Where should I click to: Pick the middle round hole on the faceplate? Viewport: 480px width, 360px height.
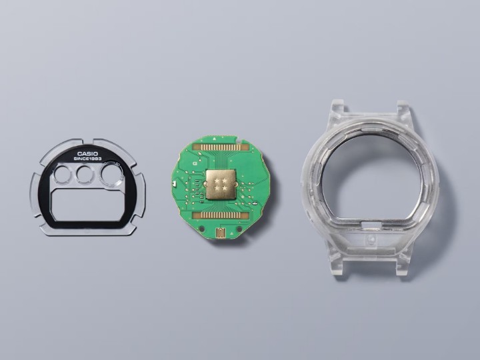point(85,175)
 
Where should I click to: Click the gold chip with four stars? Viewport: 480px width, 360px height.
point(222,182)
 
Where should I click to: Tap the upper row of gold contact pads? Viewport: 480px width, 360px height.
point(222,145)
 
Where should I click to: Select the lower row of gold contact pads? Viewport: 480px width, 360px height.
point(221,216)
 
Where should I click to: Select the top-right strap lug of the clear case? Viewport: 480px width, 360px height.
point(402,109)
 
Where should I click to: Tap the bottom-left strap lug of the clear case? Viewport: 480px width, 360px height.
point(337,261)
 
